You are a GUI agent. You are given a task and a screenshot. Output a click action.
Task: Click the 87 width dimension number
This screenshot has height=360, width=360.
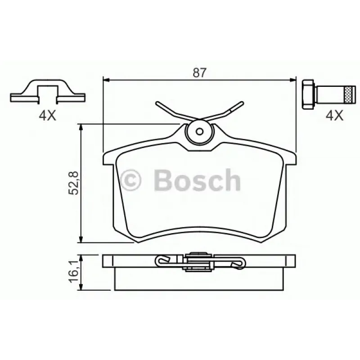click(199, 72)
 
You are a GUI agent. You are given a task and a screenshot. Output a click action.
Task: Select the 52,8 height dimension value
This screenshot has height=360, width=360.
click(73, 183)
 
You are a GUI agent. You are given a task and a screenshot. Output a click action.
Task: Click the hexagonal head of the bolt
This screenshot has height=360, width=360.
click(308, 94)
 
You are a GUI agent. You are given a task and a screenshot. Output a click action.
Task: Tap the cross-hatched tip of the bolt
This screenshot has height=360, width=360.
click(351, 94)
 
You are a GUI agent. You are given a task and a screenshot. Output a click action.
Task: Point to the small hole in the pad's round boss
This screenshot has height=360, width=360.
click(200, 131)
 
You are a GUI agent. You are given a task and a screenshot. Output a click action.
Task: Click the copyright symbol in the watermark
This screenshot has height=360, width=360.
click(130, 181)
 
